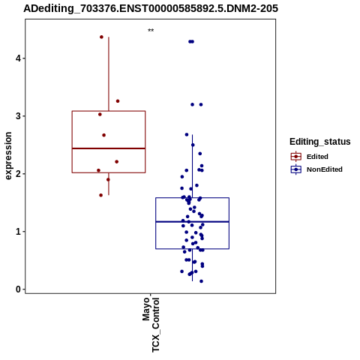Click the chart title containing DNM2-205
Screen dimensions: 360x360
151,8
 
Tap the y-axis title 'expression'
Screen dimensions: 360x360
8,156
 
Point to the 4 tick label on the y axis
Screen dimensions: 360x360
18,58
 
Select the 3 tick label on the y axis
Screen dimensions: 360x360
18,116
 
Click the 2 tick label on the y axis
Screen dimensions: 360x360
18,174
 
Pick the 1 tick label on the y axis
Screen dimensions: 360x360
18,232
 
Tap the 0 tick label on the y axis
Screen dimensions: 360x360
18,289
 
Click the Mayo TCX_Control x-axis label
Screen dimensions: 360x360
151,325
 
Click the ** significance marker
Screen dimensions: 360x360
151,31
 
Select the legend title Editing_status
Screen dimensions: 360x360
320,142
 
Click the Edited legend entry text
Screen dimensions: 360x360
317,157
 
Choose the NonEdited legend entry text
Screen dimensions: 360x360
325,169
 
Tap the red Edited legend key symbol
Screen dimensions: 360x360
296,157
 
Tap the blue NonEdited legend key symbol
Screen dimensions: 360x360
296,169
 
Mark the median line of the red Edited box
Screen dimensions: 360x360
109,148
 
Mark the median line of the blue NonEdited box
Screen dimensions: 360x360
192,222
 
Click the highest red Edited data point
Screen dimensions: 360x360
101,37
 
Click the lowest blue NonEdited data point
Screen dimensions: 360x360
201,281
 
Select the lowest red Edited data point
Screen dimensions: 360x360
101,195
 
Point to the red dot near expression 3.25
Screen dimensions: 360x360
118,101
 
